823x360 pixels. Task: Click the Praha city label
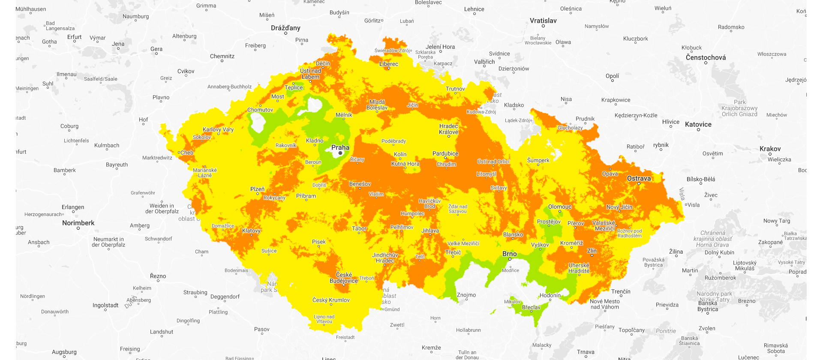pos(340,147)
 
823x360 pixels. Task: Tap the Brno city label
pos(509,254)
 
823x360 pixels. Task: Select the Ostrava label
pos(639,178)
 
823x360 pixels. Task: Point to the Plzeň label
pos(257,189)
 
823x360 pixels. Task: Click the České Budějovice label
pos(343,278)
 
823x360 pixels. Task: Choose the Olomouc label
pos(559,207)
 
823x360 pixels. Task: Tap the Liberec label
pos(388,64)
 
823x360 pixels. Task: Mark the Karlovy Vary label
pos(218,129)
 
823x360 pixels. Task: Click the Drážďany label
pos(285,28)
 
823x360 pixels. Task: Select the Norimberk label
pos(78,223)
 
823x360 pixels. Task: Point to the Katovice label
pos(698,124)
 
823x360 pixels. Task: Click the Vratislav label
pos(543,21)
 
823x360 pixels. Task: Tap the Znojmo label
pos(466,295)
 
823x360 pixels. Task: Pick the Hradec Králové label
pos(448,129)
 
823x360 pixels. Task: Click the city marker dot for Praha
pos(340,153)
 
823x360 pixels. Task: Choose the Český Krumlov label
pos(330,300)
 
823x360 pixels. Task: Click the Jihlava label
pos(430,231)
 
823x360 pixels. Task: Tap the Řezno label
pos(158,276)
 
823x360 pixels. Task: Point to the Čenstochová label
pos(706,57)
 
